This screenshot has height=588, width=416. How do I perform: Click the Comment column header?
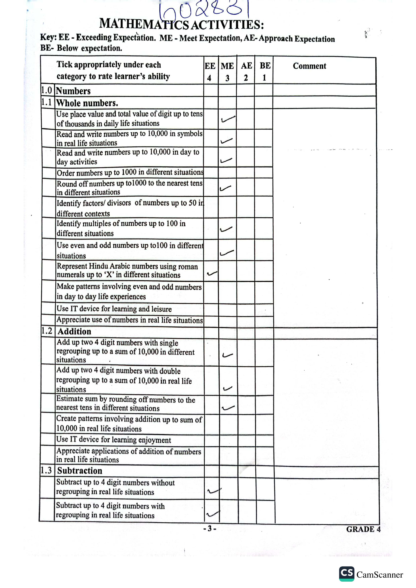pos(309,66)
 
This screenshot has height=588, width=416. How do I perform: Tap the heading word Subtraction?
pos(80,471)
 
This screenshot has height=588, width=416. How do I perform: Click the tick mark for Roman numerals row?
pos(212,274)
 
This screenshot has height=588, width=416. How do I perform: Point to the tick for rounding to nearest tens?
pos(225,188)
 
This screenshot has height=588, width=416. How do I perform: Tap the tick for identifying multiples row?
pos(226,229)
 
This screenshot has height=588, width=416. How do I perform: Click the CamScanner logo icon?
pos(347,574)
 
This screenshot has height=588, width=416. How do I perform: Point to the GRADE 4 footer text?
pos(363,529)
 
